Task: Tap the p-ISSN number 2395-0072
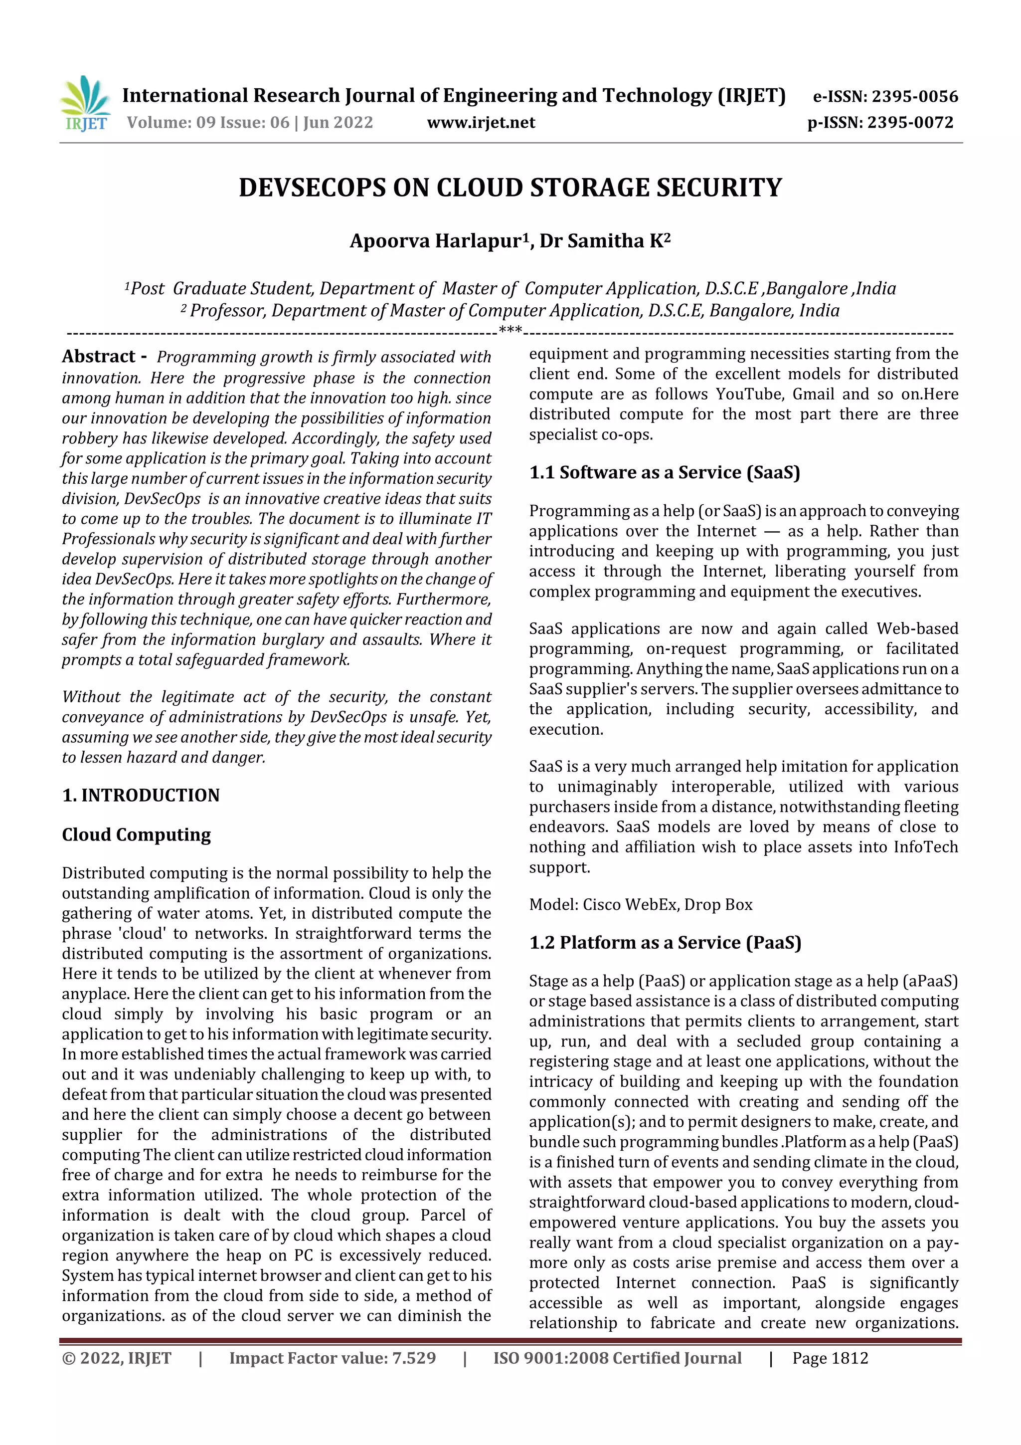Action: [x=910, y=122]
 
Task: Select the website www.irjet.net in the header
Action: [x=481, y=122]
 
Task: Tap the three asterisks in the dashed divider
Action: [x=510, y=330]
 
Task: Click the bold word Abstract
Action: [x=99, y=356]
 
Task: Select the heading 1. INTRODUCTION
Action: [x=141, y=795]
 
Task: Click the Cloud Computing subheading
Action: [x=137, y=834]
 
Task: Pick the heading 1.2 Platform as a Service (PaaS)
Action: [x=665, y=942]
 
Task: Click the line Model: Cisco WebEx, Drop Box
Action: [x=641, y=904]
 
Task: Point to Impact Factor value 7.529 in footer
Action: [x=332, y=1358]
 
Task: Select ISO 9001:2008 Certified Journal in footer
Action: [x=617, y=1358]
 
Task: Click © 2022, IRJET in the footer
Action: [x=117, y=1358]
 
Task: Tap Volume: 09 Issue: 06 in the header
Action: [x=207, y=122]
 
